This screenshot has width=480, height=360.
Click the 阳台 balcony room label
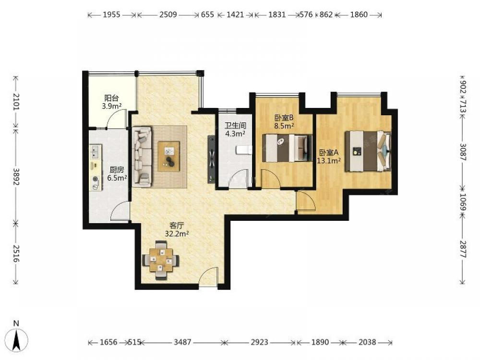click(111, 98)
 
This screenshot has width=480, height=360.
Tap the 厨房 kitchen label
click(117, 170)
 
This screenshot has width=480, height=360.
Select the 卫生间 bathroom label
click(235, 125)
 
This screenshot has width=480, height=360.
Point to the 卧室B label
click(284, 118)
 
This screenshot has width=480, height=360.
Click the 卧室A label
click(329, 153)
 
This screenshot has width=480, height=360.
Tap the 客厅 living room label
click(177, 226)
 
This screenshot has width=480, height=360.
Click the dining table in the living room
click(161, 260)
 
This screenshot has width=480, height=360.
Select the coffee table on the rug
click(168, 156)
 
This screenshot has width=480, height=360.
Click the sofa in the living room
click(142, 157)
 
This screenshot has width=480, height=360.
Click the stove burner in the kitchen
click(96, 179)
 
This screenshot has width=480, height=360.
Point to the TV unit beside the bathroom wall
click(211, 159)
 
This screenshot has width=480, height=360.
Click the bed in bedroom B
click(288, 148)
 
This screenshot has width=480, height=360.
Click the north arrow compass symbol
click(17, 339)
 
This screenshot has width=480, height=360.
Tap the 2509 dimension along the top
click(168, 14)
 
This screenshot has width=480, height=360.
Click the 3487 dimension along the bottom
click(182, 342)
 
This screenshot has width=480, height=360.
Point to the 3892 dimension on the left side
click(16, 177)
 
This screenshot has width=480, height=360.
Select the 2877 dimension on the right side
click(463, 250)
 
